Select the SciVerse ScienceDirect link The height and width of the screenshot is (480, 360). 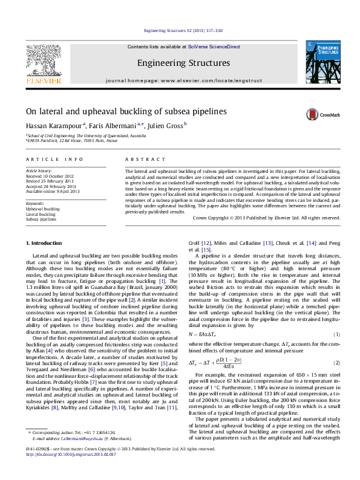(x=214, y=47)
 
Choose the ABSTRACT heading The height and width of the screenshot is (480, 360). (x=145, y=159)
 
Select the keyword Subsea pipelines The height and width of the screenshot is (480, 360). (x=41, y=219)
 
